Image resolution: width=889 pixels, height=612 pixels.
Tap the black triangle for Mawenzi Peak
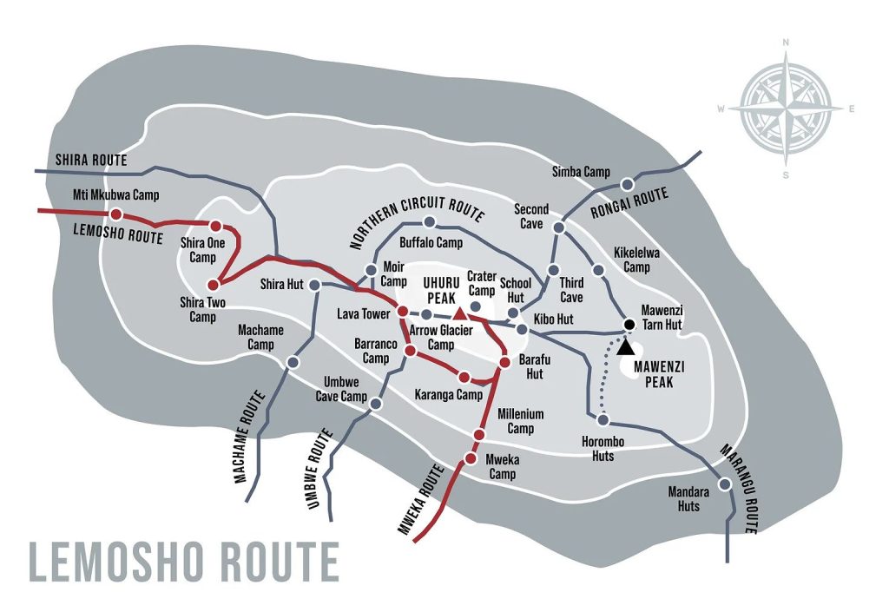coord(625,346)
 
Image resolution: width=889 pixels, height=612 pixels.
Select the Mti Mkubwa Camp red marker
coord(115,214)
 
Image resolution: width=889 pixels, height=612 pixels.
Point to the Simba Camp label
coord(581,172)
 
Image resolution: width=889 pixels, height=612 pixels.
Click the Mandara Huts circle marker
coord(724,484)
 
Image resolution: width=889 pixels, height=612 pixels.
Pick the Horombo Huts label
coord(597,449)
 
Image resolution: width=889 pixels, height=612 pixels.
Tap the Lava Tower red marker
coord(402,311)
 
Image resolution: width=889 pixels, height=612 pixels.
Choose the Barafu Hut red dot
coord(504,361)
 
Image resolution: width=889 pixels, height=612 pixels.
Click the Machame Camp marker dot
coord(293,362)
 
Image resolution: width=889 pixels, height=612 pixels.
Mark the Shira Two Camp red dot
coord(213,284)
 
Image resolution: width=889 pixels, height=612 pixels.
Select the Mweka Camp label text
coord(501,467)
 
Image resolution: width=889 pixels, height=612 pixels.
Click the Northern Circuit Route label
coord(416,220)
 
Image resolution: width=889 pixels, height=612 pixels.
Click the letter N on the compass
coord(785,42)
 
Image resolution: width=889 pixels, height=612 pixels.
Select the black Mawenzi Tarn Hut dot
coord(629,325)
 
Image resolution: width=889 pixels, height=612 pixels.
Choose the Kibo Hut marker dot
coord(522,329)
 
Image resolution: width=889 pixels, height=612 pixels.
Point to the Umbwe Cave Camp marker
coord(376,403)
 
